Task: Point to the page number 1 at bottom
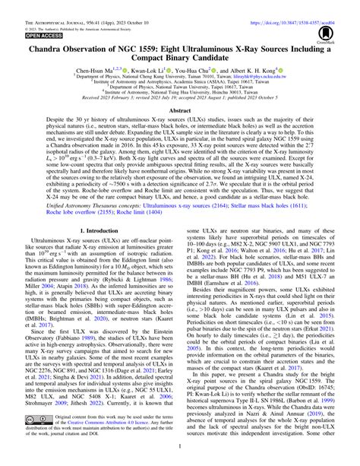180,460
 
